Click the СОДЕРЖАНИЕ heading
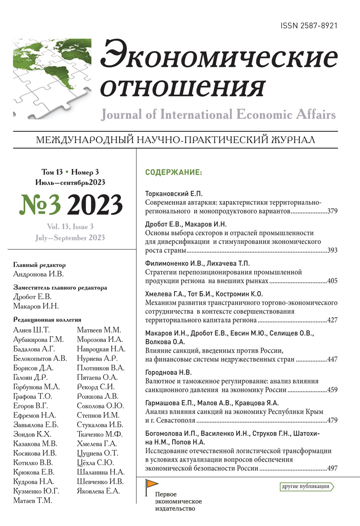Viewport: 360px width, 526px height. pos(174,172)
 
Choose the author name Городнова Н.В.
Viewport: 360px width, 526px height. pos(169,373)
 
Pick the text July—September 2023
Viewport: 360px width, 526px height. pos(69,238)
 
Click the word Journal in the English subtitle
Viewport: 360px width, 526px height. pos(121,115)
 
